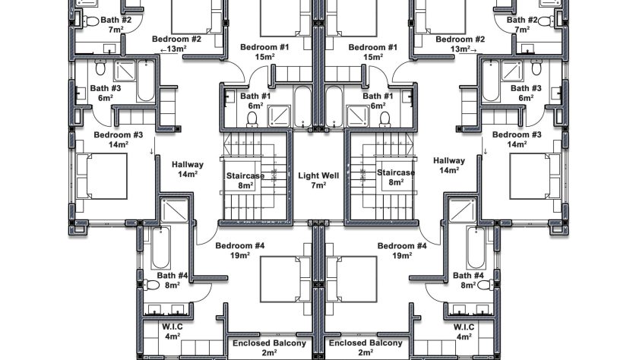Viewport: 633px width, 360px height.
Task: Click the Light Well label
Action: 318,175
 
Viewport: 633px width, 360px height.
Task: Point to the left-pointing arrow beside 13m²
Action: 163,50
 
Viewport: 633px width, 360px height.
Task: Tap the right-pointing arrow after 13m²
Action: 473,50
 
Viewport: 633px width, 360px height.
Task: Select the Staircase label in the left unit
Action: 245,176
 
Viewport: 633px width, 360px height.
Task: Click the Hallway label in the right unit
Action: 449,160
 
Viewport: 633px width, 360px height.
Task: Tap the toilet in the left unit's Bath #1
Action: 252,119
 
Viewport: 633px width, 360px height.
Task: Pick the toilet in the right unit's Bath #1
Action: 385,119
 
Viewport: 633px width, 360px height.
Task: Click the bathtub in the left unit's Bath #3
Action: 146,81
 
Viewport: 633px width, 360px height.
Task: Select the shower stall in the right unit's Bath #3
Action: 511,71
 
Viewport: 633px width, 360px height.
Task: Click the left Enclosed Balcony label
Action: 269,343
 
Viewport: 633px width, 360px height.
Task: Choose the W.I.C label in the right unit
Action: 464,327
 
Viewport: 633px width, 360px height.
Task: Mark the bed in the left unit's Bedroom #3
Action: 102,176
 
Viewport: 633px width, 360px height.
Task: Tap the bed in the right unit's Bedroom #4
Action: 352,279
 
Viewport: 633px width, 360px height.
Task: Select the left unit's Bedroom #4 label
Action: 240,246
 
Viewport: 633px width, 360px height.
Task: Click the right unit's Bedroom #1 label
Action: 372,47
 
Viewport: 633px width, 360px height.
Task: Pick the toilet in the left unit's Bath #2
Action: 91,21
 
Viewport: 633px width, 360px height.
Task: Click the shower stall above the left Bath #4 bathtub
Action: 175,210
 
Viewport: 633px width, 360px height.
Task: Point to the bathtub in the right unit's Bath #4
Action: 476,248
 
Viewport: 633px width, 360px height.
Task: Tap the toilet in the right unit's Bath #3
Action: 536,68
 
